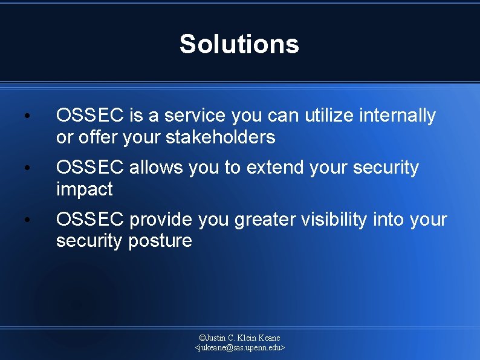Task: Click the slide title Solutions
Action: (239, 44)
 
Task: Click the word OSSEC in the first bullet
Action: (90, 116)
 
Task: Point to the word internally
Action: (401, 116)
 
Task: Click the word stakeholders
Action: (220, 137)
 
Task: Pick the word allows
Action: (157, 168)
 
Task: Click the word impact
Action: (84, 189)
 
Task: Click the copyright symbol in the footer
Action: (203, 338)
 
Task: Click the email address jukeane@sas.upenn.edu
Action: (240, 348)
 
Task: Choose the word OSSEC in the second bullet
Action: (90, 168)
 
